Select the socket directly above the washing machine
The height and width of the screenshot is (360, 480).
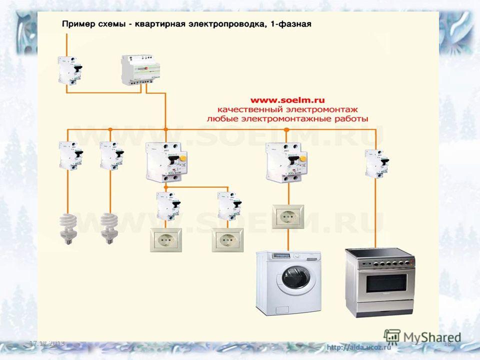coord(288,216)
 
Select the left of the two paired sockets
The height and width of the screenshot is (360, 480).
coord(165,240)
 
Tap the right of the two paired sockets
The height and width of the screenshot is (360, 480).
coord(227,240)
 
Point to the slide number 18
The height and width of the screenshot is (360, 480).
coord(447,343)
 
